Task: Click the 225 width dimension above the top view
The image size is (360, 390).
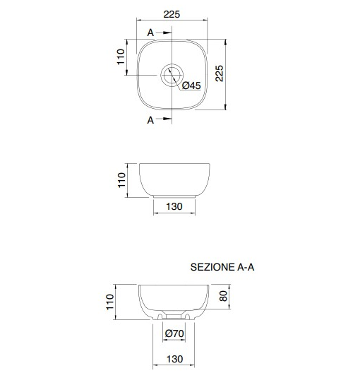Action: (172, 14)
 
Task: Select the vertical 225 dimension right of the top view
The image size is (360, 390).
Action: (220, 73)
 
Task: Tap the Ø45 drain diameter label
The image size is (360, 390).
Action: (191, 85)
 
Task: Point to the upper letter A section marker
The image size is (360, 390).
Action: (150, 32)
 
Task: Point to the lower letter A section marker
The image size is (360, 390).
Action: (150, 120)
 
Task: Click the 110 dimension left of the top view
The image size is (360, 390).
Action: (121, 57)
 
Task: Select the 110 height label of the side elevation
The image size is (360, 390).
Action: (121, 180)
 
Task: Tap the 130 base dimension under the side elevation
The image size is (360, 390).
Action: (174, 206)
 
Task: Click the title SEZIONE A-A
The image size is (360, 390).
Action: (222, 267)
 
